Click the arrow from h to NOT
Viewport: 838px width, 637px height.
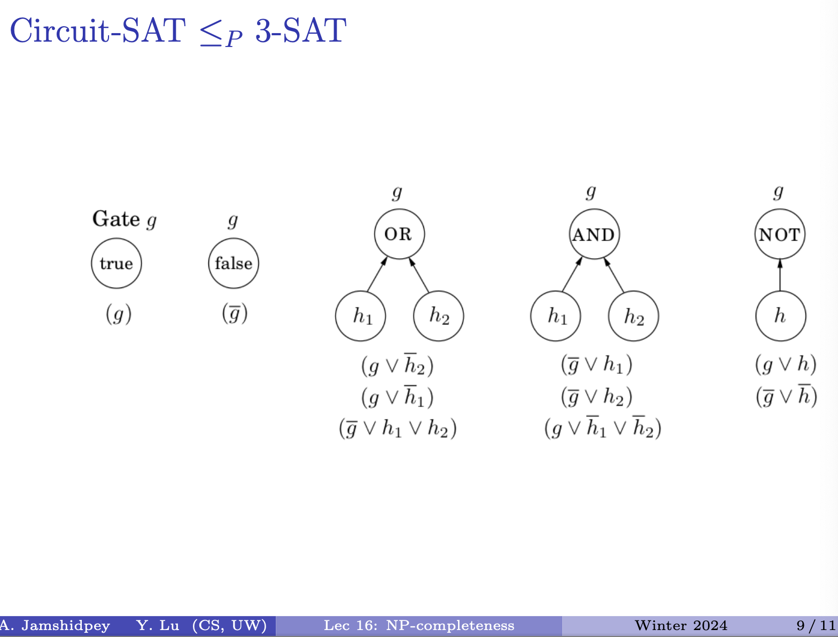click(780, 275)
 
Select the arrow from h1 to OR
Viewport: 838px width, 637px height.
click(377, 275)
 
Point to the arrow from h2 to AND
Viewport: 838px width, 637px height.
click(614, 275)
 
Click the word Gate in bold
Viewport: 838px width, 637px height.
click(116, 219)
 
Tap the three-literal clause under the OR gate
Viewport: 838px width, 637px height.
click(398, 428)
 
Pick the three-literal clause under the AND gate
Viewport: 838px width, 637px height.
click(603, 428)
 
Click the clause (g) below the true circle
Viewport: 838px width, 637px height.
click(119, 314)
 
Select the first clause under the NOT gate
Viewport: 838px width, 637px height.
click(786, 364)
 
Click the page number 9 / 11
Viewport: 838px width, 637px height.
click(816, 626)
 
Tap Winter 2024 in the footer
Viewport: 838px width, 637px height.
click(681, 626)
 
